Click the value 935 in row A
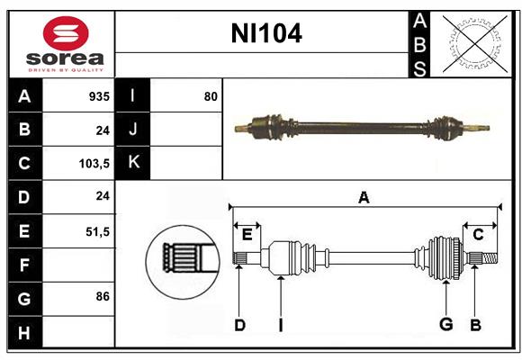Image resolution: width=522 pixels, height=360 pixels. (x=98, y=95)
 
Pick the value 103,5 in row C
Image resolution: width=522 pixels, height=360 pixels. (x=94, y=164)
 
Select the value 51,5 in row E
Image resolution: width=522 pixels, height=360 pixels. (x=97, y=231)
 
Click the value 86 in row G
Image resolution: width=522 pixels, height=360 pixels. (x=101, y=296)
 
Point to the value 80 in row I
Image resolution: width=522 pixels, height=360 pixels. (x=211, y=95)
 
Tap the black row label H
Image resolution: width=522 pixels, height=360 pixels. (x=24, y=333)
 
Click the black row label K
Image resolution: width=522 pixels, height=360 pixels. (x=133, y=163)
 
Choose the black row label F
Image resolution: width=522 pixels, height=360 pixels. (x=24, y=265)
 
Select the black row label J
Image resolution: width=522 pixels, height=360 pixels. (x=133, y=130)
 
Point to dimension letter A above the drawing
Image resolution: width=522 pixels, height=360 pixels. (x=364, y=198)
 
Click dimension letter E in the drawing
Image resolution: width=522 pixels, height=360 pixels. (x=247, y=234)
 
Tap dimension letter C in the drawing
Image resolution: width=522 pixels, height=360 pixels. (x=479, y=234)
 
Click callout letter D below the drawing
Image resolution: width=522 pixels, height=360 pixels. (x=239, y=325)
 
